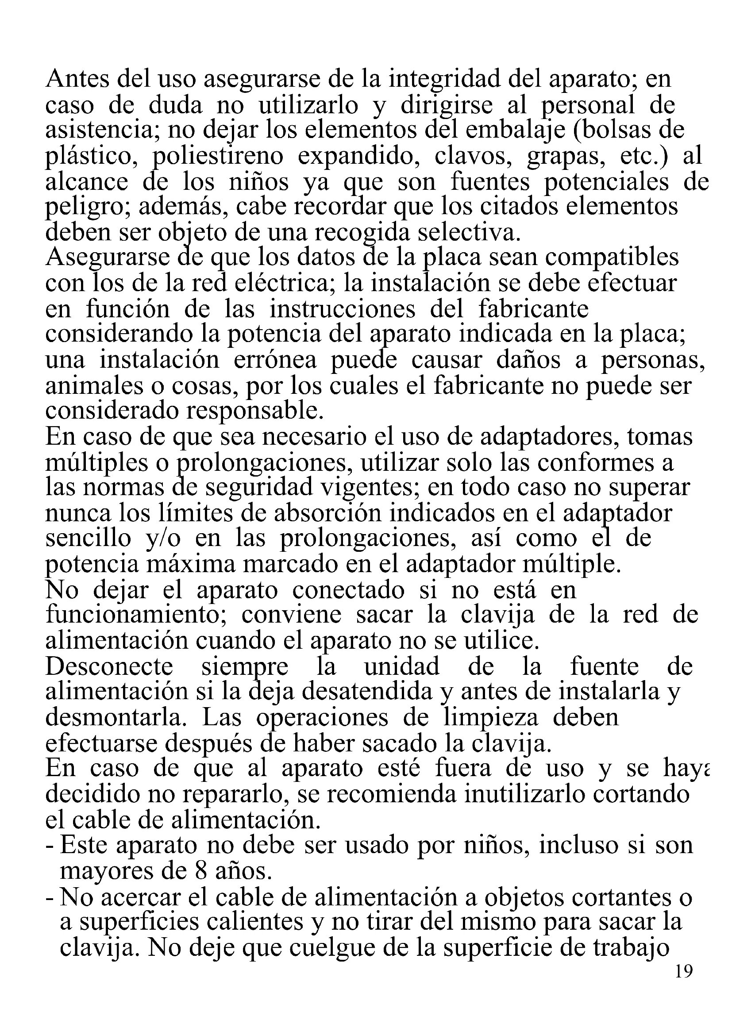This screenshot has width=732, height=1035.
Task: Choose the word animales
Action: coord(90,386)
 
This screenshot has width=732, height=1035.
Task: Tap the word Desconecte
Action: coord(109,667)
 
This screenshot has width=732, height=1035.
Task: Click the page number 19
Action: coord(684,972)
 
